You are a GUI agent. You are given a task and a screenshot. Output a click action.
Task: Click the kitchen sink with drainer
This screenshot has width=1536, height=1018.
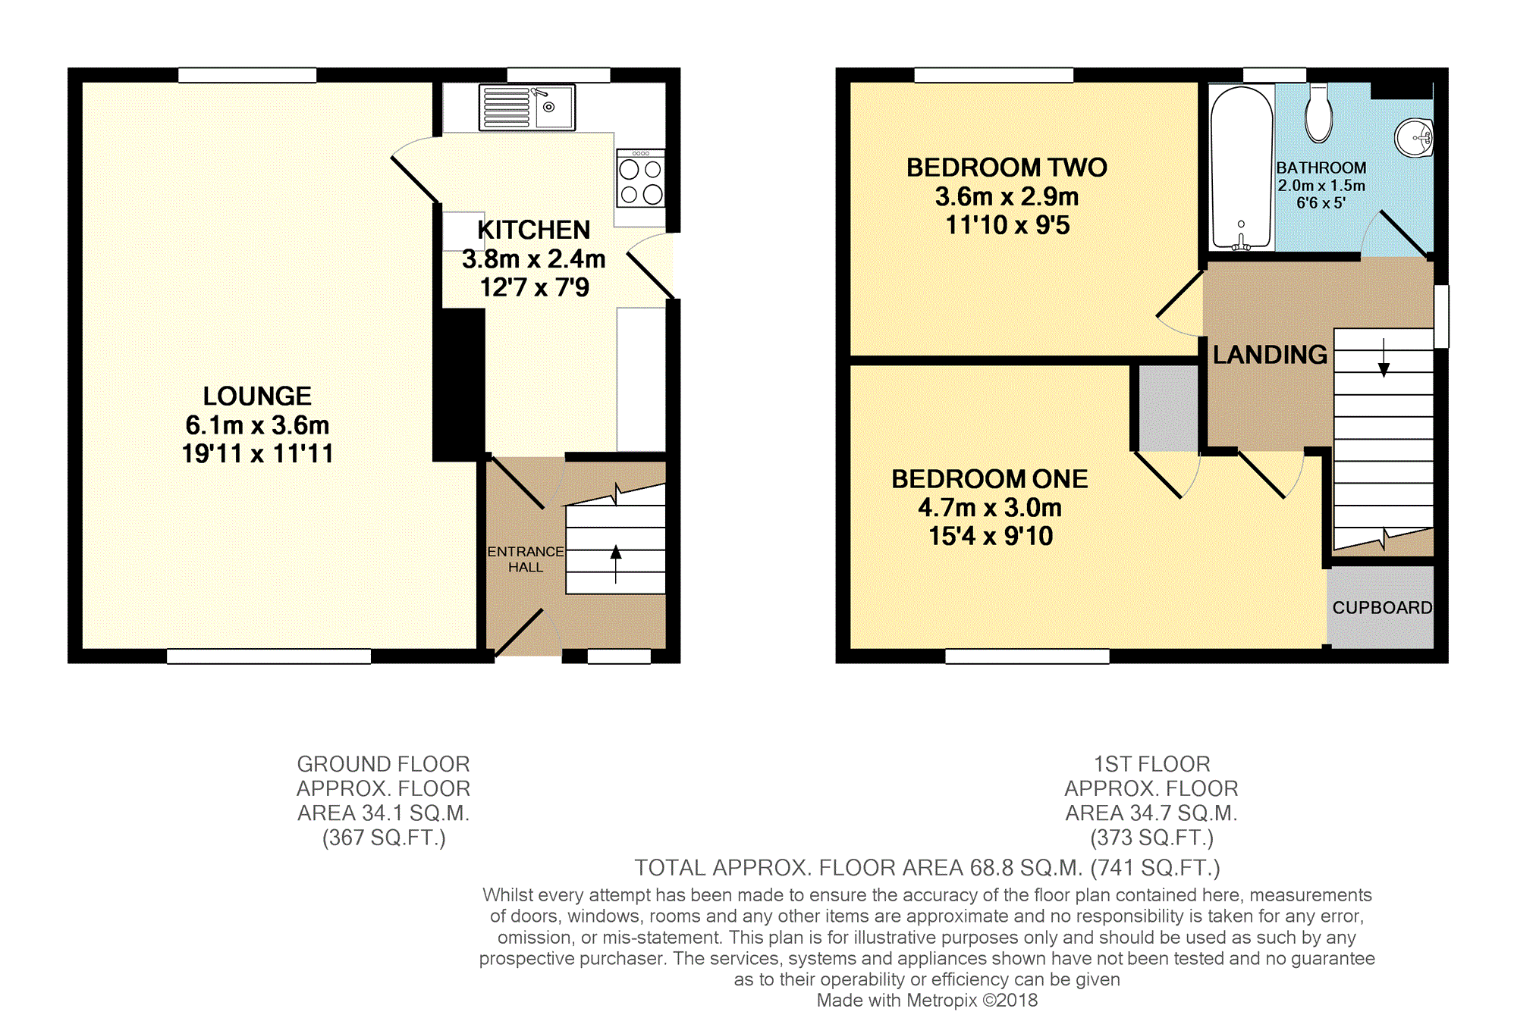[527, 108]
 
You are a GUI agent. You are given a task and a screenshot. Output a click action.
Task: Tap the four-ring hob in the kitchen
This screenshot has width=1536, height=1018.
[641, 178]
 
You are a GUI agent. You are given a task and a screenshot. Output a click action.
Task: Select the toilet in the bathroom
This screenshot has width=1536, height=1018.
[1319, 114]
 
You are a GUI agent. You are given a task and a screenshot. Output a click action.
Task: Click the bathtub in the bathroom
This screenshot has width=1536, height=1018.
[1242, 168]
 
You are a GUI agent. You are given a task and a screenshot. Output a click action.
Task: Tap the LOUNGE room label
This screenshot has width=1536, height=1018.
[257, 396]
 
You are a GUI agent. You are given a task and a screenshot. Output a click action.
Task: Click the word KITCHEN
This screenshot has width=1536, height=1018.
[534, 230]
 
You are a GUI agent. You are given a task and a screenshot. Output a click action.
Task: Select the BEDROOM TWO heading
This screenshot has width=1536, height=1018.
[1007, 168]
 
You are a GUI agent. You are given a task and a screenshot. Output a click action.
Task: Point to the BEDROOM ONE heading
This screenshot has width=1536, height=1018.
[990, 479]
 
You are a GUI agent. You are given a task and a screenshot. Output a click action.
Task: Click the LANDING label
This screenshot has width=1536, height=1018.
[1270, 355]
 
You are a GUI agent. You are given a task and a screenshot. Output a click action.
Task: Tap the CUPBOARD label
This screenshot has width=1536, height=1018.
[1382, 608]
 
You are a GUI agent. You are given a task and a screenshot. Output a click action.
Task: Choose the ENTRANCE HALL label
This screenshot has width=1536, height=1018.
[526, 559]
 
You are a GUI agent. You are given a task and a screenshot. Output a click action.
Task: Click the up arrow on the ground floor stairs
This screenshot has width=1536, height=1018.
[616, 564]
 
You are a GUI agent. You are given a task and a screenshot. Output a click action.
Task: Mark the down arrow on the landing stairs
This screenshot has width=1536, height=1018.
[1384, 358]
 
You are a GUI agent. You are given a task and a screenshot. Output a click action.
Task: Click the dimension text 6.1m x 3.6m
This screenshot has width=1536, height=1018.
[257, 425]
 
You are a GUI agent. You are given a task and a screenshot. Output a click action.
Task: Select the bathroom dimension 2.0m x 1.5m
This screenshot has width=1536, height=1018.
[1321, 186]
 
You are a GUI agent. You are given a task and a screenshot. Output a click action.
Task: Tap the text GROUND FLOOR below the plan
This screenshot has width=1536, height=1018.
[383, 764]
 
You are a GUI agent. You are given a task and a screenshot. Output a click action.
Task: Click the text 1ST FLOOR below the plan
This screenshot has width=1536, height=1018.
[1151, 764]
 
